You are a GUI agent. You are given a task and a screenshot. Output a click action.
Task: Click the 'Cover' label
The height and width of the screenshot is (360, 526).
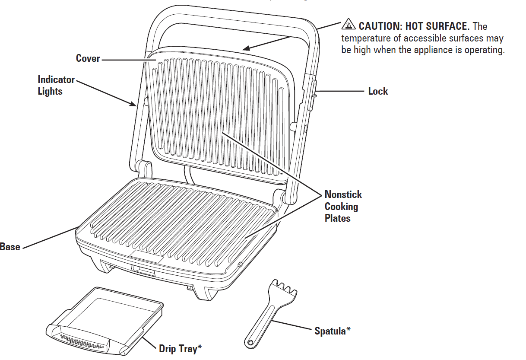pos(88,59)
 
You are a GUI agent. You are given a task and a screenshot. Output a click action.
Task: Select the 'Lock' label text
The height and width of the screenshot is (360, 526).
pos(378,91)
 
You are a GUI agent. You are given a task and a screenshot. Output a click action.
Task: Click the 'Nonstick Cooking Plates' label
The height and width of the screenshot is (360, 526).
pos(343,207)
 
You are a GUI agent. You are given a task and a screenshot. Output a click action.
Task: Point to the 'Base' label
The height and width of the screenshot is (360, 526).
pos(10,247)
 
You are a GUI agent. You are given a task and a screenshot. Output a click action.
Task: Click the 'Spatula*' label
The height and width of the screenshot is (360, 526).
pos(332,331)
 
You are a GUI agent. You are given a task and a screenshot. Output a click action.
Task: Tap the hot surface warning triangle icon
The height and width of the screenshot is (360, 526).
pos(348,25)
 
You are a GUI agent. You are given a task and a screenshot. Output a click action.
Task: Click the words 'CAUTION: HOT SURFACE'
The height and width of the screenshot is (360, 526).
pos(413,26)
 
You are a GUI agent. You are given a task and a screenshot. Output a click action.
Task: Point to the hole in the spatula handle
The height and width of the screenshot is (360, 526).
pos(250,343)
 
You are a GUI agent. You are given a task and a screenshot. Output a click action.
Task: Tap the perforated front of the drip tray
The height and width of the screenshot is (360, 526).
pos(82,341)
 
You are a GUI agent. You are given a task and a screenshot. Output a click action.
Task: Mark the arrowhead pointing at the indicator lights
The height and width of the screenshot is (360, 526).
pos(135,104)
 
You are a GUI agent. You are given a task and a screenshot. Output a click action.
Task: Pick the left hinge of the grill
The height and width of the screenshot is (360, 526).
pos(144,168)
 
